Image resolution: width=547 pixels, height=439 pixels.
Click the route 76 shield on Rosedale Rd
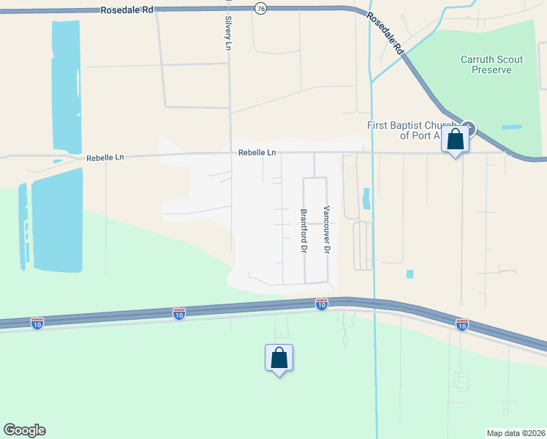click(x=261, y=7)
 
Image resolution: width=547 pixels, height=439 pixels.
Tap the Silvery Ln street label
click(x=228, y=34)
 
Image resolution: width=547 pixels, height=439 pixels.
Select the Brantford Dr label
click(x=303, y=230)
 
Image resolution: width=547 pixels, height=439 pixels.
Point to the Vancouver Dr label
click(x=328, y=229)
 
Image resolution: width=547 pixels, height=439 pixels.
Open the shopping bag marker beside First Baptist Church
click(x=455, y=139)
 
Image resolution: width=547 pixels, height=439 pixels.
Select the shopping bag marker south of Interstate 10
click(x=279, y=358)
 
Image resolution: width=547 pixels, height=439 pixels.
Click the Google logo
click(x=24, y=430)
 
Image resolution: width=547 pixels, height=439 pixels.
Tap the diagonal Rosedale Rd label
click(x=385, y=34)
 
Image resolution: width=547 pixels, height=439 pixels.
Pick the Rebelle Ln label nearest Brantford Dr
click(x=257, y=153)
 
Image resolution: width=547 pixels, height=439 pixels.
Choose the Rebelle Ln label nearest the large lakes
click(x=106, y=157)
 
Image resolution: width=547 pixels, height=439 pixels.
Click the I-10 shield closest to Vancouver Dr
click(x=321, y=303)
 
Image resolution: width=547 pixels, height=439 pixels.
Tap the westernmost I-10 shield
click(x=37, y=322)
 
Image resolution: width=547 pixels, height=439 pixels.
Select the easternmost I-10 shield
click(x=461, y=323)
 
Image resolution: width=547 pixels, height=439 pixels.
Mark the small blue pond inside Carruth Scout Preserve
click(x=512, y=127)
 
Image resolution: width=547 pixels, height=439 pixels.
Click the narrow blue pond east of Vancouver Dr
click(x=366, y=198)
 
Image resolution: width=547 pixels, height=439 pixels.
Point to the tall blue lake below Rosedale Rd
click(x=65, y=84)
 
